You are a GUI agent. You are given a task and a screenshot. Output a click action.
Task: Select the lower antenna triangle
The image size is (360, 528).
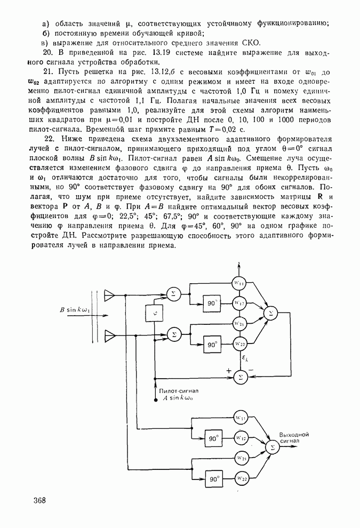click(x=110, y=335)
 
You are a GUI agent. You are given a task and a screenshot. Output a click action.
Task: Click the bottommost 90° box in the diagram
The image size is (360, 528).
click(x=214, y=479)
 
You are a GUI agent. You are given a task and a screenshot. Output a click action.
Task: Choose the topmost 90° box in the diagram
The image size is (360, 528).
click(x=212, y=303)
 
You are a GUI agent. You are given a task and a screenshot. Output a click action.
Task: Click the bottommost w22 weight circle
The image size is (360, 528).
click(x=241, y=479)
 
